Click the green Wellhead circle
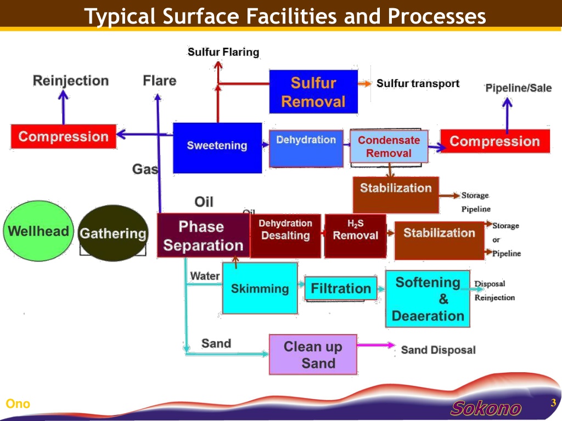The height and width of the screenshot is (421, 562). [x=38, y=231]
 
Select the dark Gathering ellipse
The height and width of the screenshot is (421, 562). [x=113, y=233]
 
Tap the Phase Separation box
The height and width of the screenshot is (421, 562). [x=203, y=236]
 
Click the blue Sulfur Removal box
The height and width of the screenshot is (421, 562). [x=313, y=92]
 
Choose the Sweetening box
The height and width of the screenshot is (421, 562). [x=217, y=148]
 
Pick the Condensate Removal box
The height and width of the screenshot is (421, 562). [x=389, y=146]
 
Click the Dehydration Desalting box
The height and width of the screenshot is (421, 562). [x=285, y=236]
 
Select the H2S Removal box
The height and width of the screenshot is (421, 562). [x=355, y=236]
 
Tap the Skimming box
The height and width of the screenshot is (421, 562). [x=260, y=288]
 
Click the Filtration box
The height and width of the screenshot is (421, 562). [x=340, y=288]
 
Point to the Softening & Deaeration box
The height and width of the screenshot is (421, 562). [x=428, y=299]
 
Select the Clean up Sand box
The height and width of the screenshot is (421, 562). [x=313, y=355]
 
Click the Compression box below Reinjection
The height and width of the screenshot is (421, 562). [x=64, y=136]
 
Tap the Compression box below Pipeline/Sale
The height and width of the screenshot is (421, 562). [x=495, y=141]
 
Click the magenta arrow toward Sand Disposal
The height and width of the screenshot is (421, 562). [x=376, y=345]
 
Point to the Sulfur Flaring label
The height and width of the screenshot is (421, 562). [x=223, y=52]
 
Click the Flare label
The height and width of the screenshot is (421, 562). [x=160, y=81]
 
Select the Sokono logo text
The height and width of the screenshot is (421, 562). [x=486, y=408]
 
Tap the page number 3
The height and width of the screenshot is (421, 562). [x=553, y=402]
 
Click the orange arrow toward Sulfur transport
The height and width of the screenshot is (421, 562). [x=364, y=84]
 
